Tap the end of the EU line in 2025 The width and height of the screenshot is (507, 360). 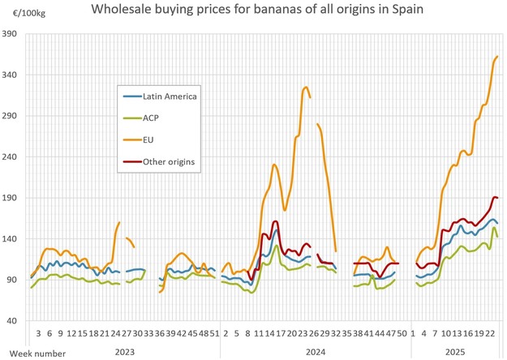pyautogui.click(x=497, y=57)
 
